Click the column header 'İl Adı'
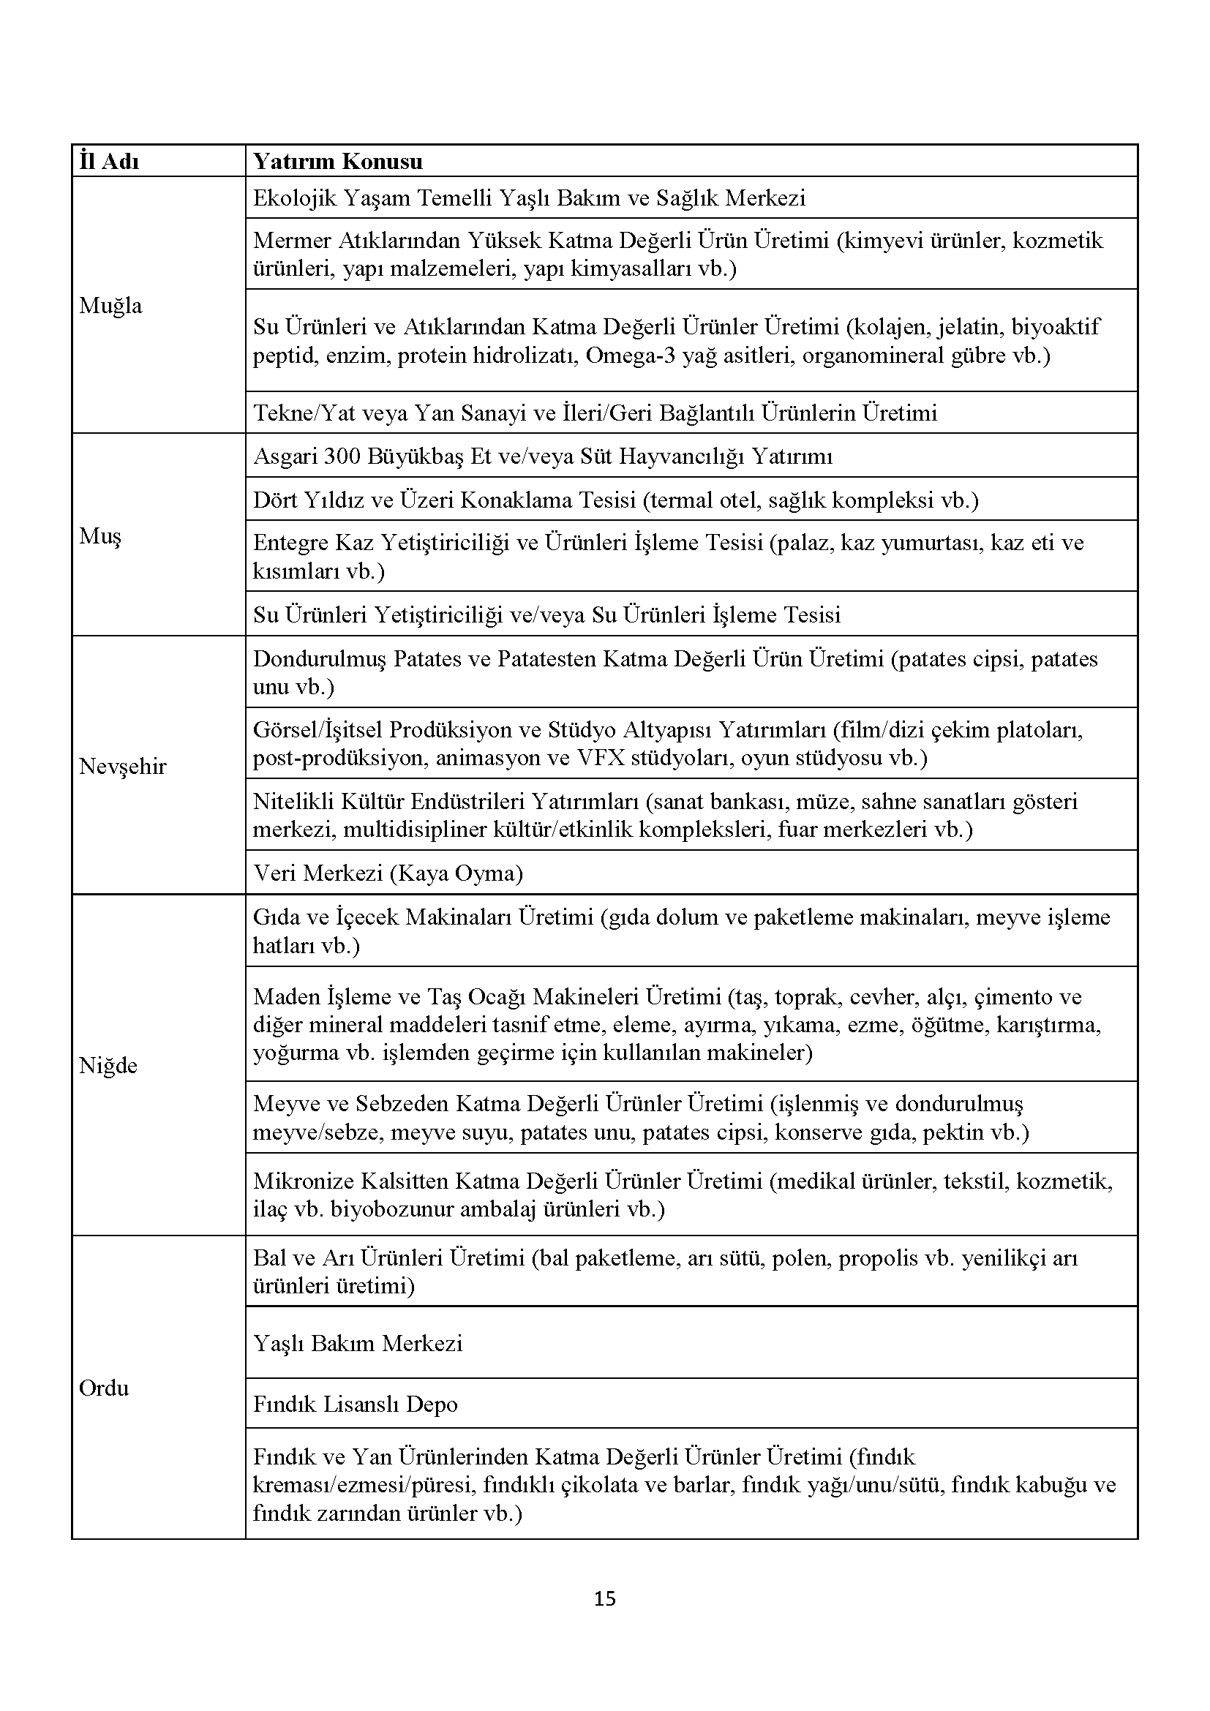109,162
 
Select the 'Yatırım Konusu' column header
337,162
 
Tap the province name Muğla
110,306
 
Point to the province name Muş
99,536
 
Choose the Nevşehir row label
122,766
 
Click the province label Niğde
108,1066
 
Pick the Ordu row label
104,1388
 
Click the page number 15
605,1598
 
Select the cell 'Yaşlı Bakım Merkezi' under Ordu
358,1343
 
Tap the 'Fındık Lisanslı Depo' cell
355,1404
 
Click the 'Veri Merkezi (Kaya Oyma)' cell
388,873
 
